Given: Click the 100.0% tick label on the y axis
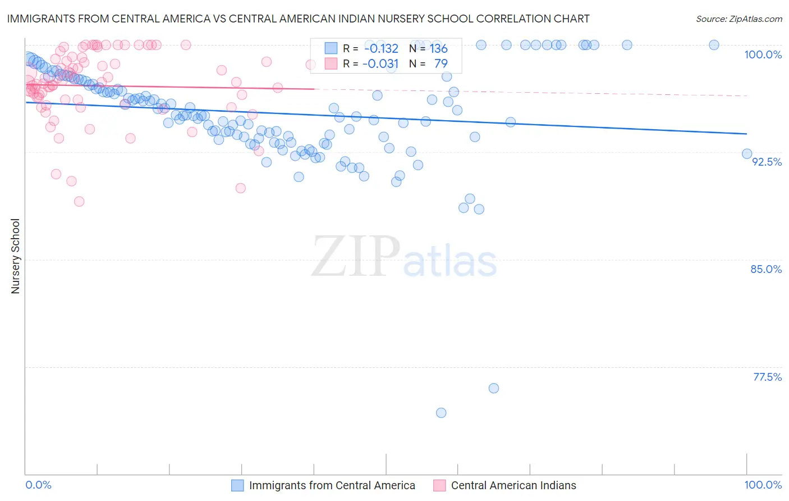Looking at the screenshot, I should tap(763, 54).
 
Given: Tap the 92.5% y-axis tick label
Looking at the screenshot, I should tap(767, 162).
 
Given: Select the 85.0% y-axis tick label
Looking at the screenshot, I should tap(766, 269).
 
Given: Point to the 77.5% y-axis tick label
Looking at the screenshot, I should tap(767, 377).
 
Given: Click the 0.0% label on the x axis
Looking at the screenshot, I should tap(38, 485).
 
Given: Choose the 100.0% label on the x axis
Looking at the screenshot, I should tap(763, 485).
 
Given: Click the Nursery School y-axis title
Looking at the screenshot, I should tap(15, 256).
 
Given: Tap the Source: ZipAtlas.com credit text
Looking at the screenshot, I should tap(738, 19).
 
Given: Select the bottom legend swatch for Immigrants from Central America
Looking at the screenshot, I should tap(237, 485).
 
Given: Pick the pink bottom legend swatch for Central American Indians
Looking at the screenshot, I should tap(439, 485).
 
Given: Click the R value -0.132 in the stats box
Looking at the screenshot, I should tap(380, 48).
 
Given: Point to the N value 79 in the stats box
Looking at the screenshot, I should tap(441, 63).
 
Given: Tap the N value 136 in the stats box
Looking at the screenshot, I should tap(438, 48).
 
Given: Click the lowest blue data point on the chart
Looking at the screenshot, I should tap(441, 413).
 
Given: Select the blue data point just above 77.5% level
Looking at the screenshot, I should tap(494, 388).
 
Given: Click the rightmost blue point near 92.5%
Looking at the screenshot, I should tap(747, 154).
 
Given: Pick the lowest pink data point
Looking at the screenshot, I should tap(79, 202).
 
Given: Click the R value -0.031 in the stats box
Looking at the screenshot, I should tap(380, 63).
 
